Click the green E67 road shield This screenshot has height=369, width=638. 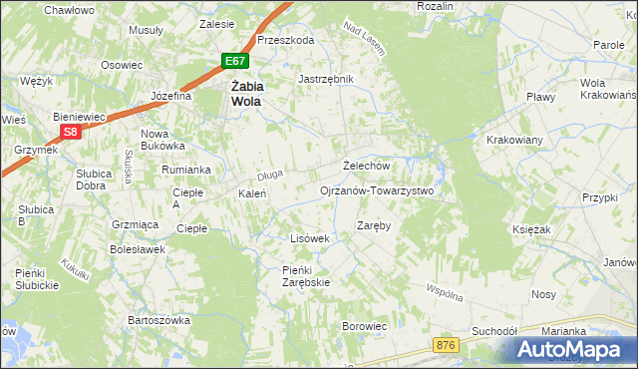(x=232, y=62)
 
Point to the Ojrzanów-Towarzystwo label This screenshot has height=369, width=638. (x=377, y=189)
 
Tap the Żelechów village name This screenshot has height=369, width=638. (x=365, y=166)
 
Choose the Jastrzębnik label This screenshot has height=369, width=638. (x=326, y=78)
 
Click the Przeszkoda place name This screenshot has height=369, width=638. (x=285, y=40)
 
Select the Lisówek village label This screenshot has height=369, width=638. (x=309, y=238)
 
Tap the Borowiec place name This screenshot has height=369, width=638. (x=364, y=326)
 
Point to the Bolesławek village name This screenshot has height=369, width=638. (x=137, y=249)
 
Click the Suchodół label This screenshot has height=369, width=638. (x=494, y=330)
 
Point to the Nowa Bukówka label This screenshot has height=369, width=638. (x=155, y=140)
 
